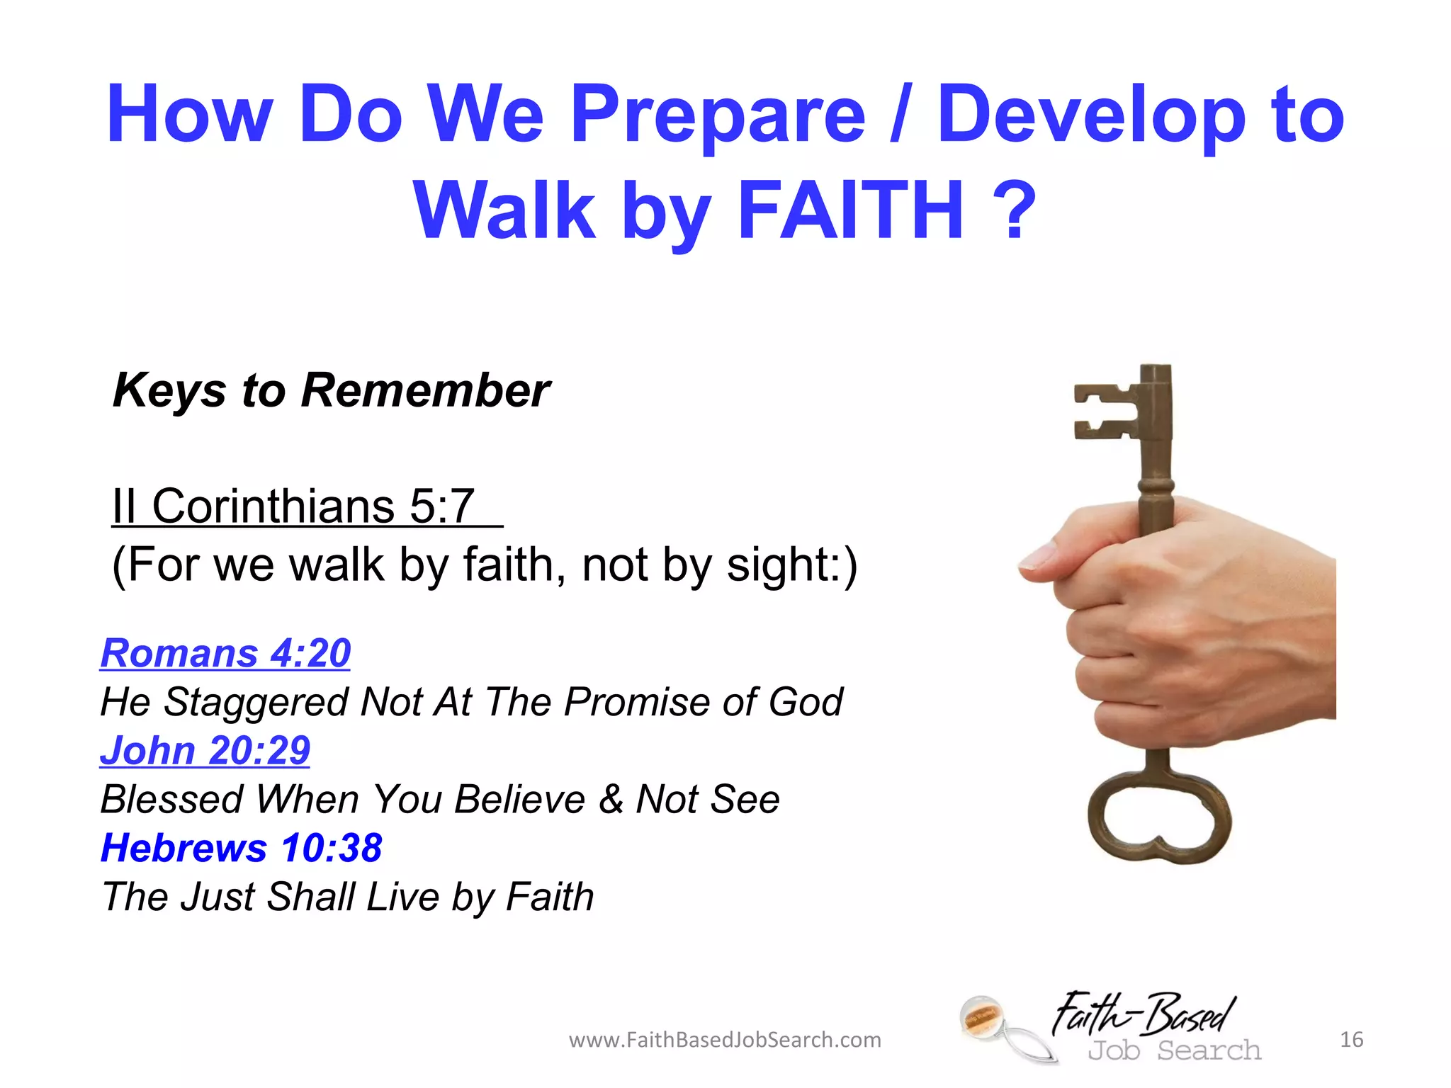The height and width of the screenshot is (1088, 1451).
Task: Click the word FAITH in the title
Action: coord(850,210)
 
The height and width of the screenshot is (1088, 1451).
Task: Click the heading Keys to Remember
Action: coord(331,390)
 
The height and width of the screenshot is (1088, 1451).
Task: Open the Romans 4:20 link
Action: coord(225,652)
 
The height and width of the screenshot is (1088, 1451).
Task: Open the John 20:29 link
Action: coord(205,750)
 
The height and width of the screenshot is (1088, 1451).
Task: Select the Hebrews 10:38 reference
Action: coord(242,848)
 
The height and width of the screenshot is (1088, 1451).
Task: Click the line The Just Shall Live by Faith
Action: coord(347,897)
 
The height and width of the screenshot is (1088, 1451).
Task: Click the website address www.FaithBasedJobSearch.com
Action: coord(725,1040)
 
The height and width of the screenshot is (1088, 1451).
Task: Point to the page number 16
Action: coord(1351,1040)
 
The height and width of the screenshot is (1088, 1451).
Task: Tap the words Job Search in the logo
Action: coord(1174,1050)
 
